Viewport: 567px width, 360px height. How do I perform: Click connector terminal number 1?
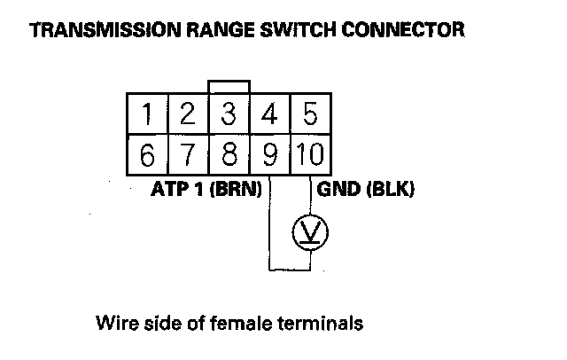[x=147, y=114]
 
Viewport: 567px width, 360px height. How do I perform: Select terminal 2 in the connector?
[x=187, y=114]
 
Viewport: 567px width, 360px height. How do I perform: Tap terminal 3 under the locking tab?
[x=229, y=114]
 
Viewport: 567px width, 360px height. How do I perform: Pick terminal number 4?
[x=270, y=114]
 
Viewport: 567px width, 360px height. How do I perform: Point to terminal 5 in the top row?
[x=310, y=114]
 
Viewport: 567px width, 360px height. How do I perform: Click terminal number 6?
[x=147, y=157]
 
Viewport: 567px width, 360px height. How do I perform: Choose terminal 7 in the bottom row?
[x=187, y=157]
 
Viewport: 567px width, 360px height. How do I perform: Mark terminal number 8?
[x=229, y=157]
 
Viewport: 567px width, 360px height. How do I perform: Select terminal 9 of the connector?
[x=270, y=157]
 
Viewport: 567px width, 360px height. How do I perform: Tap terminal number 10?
[x=310, y=157]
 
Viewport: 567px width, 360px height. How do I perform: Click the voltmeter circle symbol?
[x=311, y=232]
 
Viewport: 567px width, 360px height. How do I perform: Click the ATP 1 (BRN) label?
[x=206, y=190]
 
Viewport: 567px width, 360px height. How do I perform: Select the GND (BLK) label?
[x=361, y=190]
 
